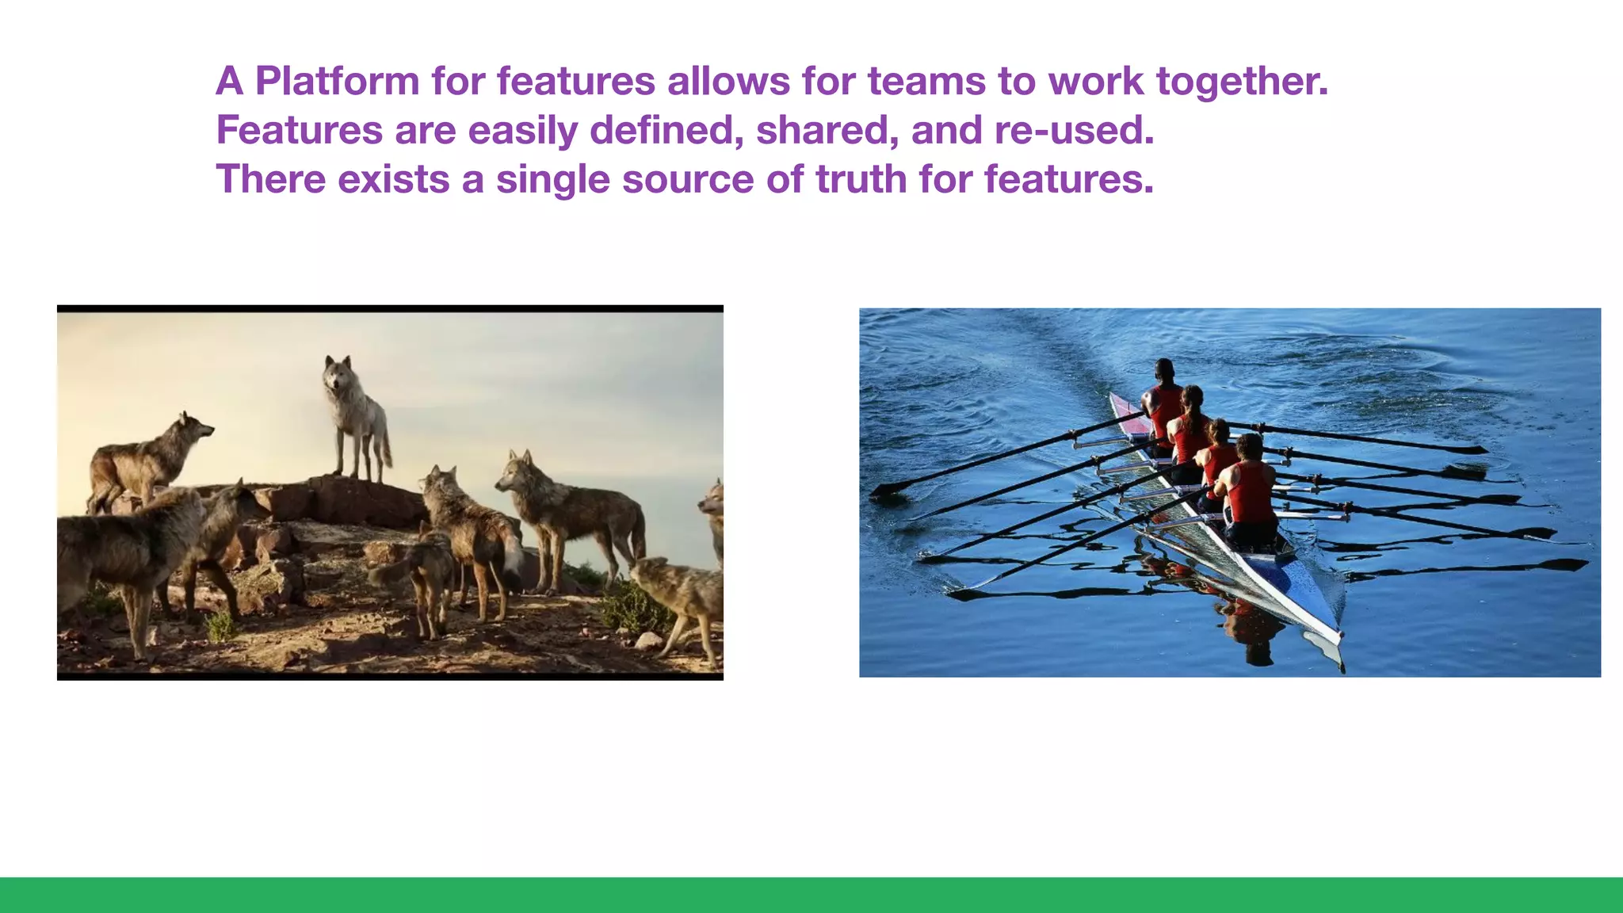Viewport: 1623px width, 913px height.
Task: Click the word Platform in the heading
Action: (337, 82)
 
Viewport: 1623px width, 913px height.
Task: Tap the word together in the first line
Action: (1241, 82)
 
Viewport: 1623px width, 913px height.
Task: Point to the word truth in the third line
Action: (861, 179)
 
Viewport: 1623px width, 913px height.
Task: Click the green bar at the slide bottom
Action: (811, 895)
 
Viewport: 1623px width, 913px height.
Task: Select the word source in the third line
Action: (687, 180)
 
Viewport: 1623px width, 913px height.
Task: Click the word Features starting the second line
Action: (299, 131)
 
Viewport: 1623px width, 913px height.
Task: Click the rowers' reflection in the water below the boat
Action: (1252, 626)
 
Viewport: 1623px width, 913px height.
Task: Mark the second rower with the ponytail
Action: (1190, 428)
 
